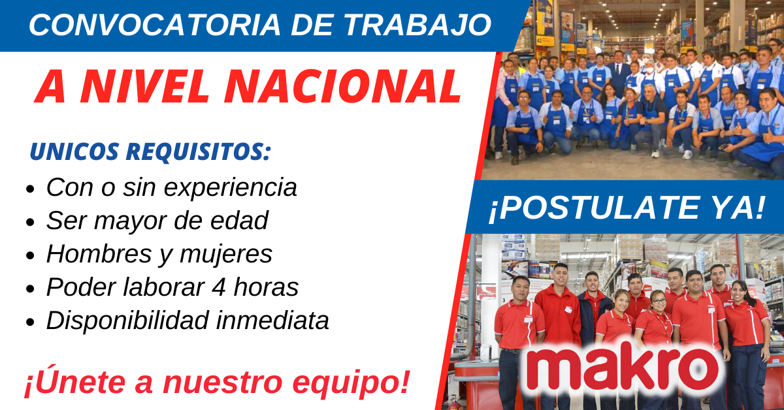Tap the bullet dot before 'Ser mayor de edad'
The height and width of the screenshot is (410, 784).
[x=30, y=223]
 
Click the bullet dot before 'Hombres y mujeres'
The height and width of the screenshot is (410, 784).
[x=30, y=255]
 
